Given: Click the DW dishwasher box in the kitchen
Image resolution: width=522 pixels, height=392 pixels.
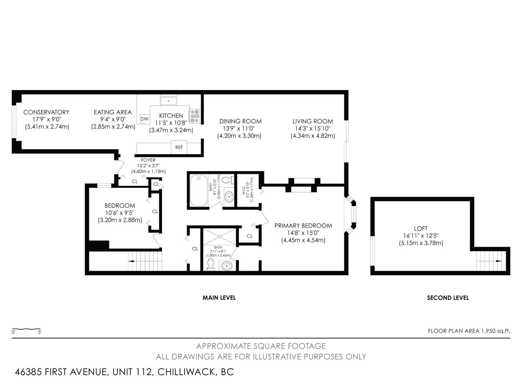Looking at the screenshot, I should point(144,119).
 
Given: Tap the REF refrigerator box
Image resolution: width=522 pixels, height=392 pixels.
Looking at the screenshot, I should point(179,147).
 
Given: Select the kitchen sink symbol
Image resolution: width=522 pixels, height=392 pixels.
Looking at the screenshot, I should point(168,101).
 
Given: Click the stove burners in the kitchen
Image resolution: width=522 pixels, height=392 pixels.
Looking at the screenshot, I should point(195,116).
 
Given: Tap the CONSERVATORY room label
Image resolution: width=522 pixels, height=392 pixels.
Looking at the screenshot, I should point(46,112).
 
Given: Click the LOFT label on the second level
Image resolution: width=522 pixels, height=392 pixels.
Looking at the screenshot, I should point(421,229).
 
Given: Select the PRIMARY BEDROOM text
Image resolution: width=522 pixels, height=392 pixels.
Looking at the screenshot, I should point(303,226).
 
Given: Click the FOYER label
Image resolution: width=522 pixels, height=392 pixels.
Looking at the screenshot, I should point(148,160).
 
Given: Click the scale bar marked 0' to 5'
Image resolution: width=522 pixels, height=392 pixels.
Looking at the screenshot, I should point(26,329).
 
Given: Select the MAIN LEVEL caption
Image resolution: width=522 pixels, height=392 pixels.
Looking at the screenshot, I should point(219,298).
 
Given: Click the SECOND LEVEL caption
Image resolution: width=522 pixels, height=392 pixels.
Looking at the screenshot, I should point(448,298).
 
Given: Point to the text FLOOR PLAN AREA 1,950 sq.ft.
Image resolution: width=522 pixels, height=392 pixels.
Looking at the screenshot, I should point(469,331).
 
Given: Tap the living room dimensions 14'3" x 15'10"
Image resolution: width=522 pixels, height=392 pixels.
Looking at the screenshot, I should point(313,129).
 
